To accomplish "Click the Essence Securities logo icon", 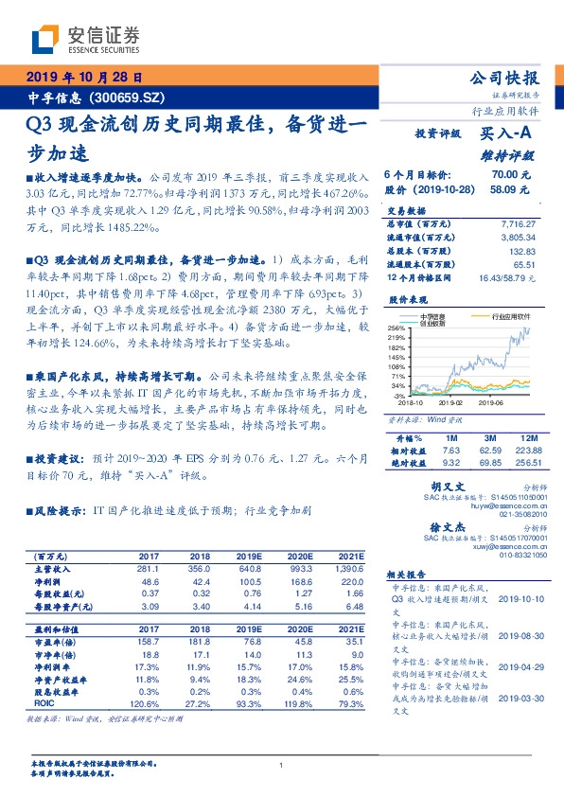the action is click(48, 39).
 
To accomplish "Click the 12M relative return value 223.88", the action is click(526, 452).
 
